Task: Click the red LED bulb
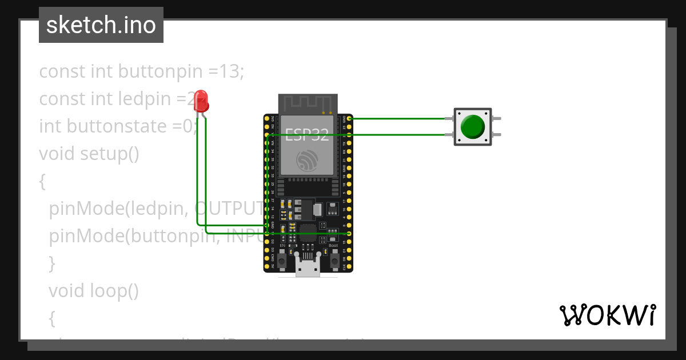click(x=201, y=101)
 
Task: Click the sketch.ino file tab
click(x=101, y=25)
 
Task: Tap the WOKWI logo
click(x=607, y=315)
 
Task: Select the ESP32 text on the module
click(x=307, y=135)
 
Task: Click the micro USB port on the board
click(x=308, y=266)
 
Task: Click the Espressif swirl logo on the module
click(x=308, y=161)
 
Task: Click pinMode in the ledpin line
click(x=83, y=209)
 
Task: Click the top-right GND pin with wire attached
click(x=349, y=118)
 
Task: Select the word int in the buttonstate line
click(x=50, y=126)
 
